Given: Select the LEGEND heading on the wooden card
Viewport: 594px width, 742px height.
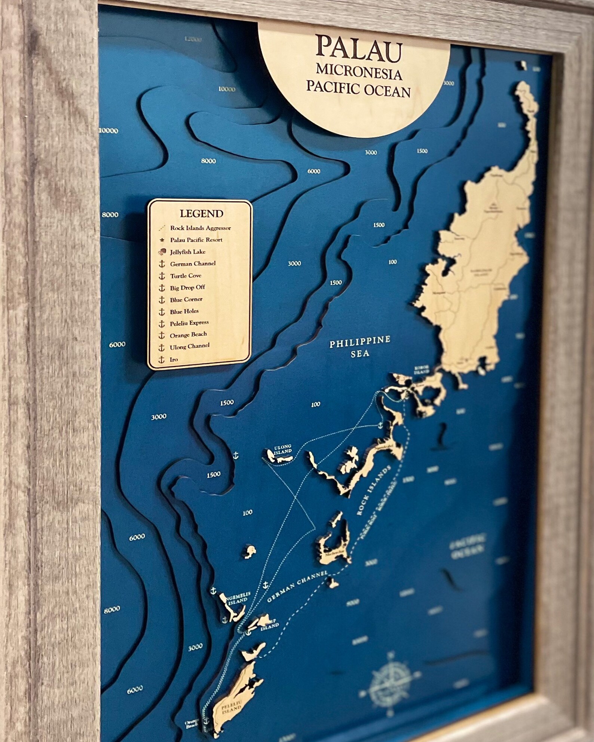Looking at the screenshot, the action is pos(201,214).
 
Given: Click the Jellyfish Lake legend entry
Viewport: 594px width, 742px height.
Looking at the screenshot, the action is pos(187,252).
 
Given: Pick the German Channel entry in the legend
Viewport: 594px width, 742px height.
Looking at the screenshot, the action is pos(193,264).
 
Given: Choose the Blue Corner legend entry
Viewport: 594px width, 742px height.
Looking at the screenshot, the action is pos(186,299).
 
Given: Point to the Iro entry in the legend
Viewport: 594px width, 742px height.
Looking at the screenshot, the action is pos(174,359).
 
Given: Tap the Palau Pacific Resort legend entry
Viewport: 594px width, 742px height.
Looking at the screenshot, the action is pos(201,240).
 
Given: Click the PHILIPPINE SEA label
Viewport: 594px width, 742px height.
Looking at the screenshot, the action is pos(360,347).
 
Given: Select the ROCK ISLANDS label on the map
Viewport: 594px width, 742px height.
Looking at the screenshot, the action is pos(373,491).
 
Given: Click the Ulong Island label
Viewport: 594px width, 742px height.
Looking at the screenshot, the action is pos(283,449).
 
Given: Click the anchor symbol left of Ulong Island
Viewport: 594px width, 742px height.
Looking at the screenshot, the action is pos(236,455).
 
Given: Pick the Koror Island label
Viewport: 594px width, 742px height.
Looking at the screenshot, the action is pos(420,369).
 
